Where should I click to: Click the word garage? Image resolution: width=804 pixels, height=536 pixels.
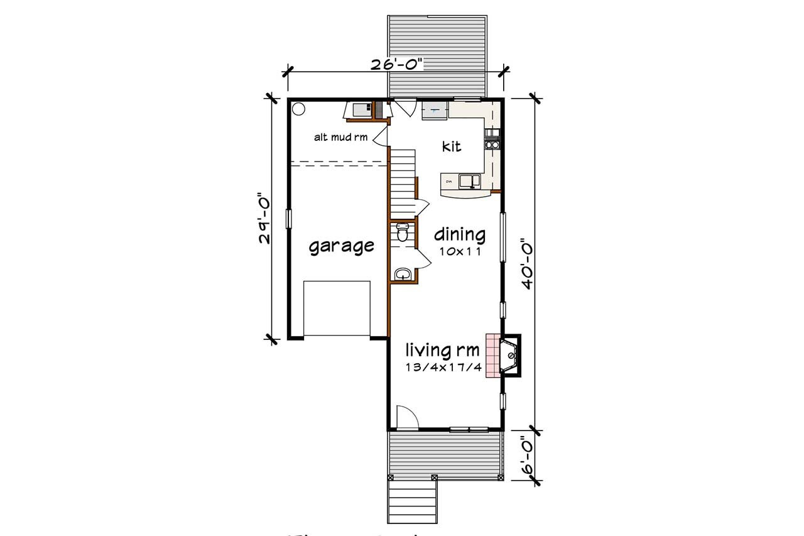point(341,246)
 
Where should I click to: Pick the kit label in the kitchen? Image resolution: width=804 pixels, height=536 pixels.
point(451,146)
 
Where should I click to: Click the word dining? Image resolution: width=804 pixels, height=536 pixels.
point(460,235)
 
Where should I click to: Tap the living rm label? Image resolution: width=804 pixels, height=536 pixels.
point(442,349)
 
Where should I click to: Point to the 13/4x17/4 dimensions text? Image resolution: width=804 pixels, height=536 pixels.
point(443,368)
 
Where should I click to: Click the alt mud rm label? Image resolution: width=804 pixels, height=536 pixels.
point(341,137)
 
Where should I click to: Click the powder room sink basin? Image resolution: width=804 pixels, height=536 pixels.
point(403,274)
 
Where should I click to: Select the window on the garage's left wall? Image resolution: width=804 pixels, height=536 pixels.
point(289,218)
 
